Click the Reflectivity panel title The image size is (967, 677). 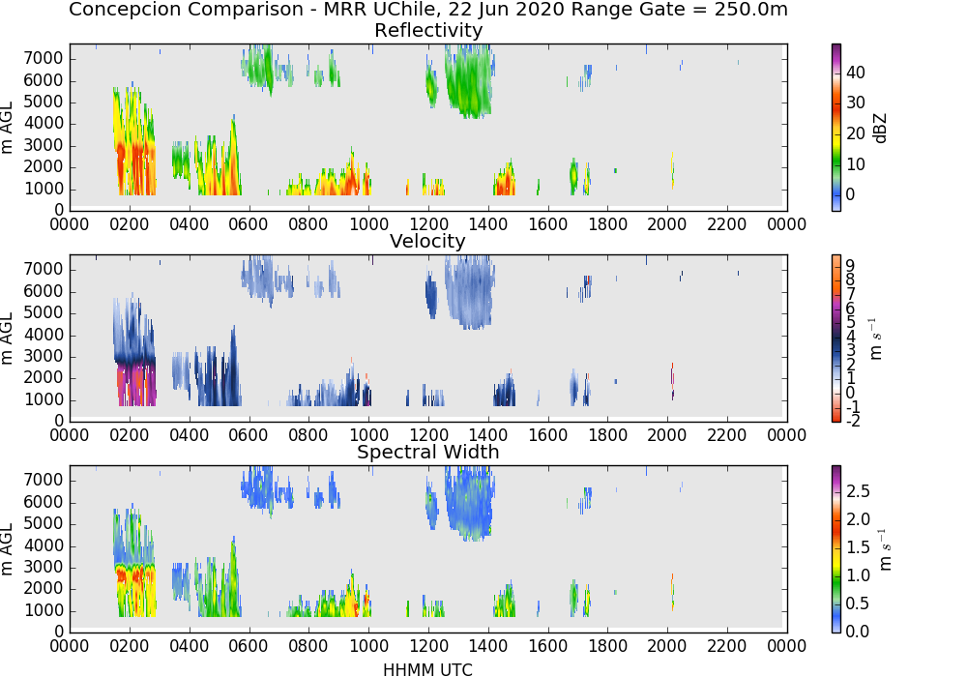[x=428, y=30]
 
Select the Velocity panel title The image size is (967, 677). [x=427, y=241]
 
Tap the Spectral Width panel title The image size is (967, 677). [x=428, y=452]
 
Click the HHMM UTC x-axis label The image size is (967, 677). [x=427, y=669]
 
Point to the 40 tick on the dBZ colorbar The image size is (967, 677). [x=856, y=73]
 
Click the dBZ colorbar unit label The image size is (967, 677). [x=880, y=129]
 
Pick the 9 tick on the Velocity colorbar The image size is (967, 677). [x=850, y=266]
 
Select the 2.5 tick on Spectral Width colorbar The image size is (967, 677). [x=858, y=490]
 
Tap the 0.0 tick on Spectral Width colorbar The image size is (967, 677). [x=858, y=631]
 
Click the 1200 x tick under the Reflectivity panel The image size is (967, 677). [x=428, y=223]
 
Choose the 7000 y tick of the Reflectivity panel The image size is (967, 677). [x=44, y=59]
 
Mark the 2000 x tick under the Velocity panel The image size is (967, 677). [x=666, y=434]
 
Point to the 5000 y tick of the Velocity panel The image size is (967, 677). [x=44, y=312]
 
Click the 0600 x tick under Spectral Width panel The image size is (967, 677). [x=249, y=645]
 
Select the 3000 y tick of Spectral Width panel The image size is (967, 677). [x=44, y=568]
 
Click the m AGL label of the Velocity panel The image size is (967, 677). [x=7, y=338]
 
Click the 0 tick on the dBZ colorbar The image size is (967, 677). [x=850, y=194]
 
